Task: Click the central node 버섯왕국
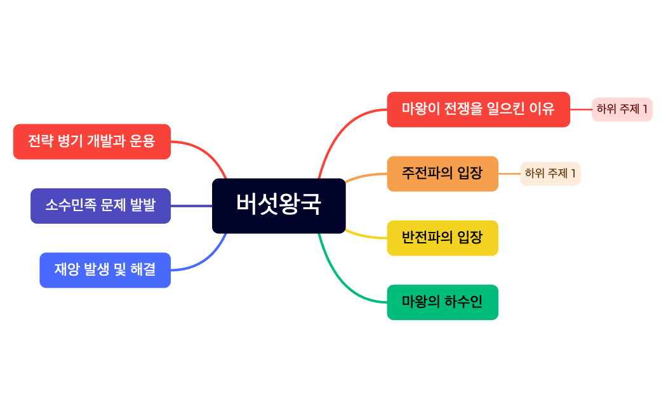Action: click(279, 205)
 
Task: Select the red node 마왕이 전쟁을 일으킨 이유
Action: click(478, 109)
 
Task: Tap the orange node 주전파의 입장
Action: click(443, 173)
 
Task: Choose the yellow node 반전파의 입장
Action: click(443, 238)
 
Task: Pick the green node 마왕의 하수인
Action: click(443, 302)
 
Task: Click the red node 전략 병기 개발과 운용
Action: click(91, 141)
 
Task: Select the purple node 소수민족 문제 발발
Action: click(100, 206)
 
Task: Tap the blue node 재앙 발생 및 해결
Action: click(105, 270)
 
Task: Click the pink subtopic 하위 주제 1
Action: click(622, 109)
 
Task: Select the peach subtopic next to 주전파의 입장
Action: click(550, 173)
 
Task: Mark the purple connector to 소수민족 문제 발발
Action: click(191, 206)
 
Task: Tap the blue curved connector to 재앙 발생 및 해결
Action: click(206, 260)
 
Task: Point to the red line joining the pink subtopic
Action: click(580, 109)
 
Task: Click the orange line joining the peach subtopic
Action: click(509, 173)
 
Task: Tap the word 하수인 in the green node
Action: click(464, 302)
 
